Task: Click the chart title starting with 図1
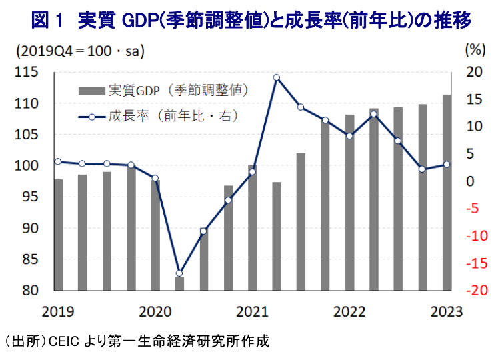click(x=251, y=21)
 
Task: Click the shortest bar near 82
click(x=179, y=284)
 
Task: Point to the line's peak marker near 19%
click(x=276, y=77)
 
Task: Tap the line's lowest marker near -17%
click(x=179, y=273)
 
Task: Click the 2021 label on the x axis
click(x=251, y=311)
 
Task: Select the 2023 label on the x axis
click(x=445, y=311)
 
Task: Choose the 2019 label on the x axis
click(x=58, y=311)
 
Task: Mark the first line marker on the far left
click(x=58, y=161)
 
